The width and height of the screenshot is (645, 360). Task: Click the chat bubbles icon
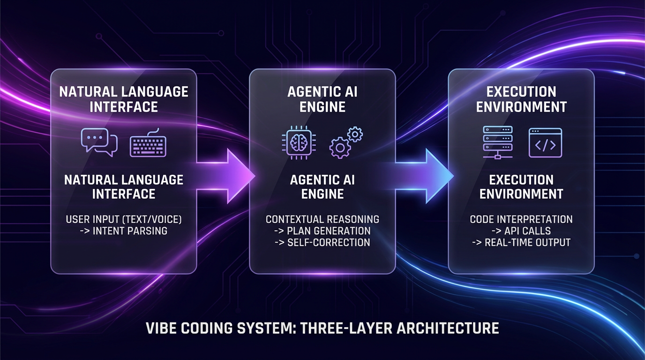tap(99, 142)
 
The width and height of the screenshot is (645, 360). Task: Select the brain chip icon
tap(298, 143)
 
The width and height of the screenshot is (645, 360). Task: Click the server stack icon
tap(497, 142)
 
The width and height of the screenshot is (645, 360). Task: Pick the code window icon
tap(545, 142)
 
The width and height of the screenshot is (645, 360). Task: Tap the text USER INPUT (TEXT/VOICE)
tap(124, 219)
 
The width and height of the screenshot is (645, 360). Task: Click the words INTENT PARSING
tap(130, 231)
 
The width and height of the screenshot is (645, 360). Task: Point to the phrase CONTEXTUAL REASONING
tap(322, 219)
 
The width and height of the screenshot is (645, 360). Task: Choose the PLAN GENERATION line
tap(328, 231)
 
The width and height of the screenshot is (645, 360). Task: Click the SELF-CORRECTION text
tap(328, 242)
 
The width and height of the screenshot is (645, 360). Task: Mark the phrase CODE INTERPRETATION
tap(521, 219)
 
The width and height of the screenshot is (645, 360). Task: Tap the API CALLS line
tap(527, 231)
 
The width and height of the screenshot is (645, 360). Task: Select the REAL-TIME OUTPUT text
tap(527, 242)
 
